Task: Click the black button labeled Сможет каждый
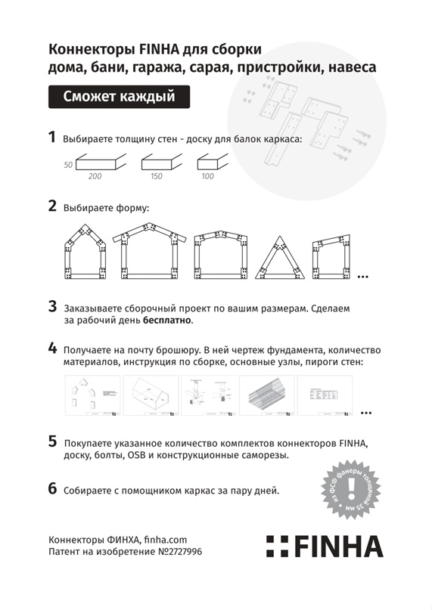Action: [119, 97]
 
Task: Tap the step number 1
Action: [52, 138]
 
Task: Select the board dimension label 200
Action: [95, 176]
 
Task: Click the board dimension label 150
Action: [156, 176]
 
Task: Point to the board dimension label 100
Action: [207, 176]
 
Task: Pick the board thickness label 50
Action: [68, 164]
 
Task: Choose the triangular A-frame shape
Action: [281, 257]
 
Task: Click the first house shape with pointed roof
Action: [84, 254]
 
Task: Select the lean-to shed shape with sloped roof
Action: [332, 257]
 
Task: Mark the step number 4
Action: [52, 348]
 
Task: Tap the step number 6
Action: [52, 488]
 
